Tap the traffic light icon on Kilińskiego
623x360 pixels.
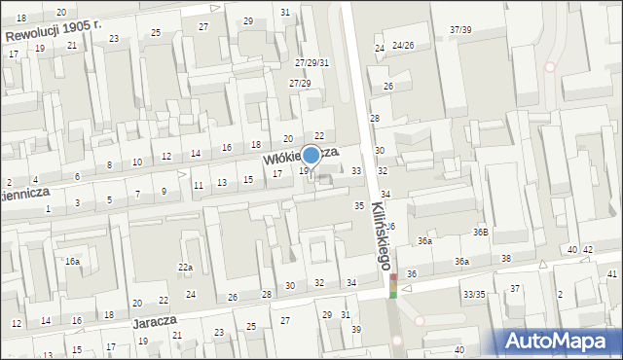(x=393, y=285)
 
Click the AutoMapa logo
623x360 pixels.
(x=559, y=341)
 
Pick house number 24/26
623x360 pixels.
(x=404, y=46)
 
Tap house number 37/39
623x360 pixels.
(x=460, y=30)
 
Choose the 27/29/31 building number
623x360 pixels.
(x=312, y=63)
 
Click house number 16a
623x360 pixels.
(x=72, y=262)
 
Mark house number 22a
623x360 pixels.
(x=185, y=268)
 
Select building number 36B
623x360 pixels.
(x=480, y=233)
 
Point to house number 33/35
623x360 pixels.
(x=475, y=294)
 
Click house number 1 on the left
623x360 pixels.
(x=48, y=208)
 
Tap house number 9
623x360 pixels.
(x=164, y=191)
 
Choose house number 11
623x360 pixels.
(x=198, y=185)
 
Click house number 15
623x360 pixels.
(x=248, y=179)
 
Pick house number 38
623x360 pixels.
(x=506, y=258)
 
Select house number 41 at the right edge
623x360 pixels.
(x=612, y=274)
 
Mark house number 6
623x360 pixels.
(x=77, y=176)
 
